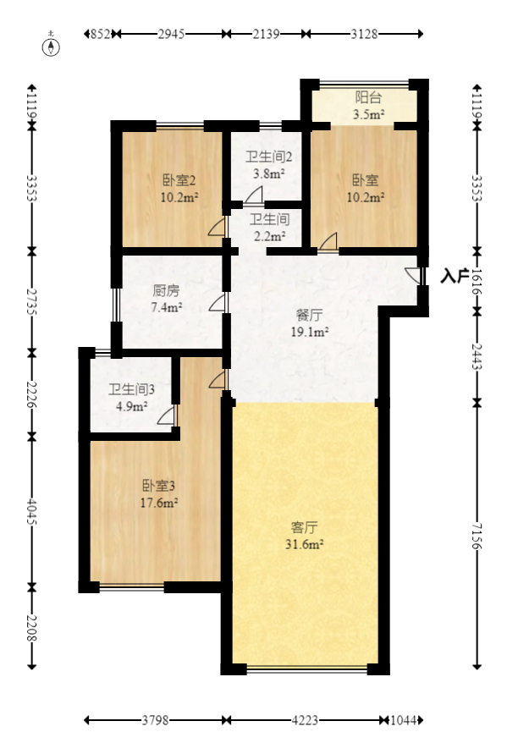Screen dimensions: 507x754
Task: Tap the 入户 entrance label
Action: tap(455, 276)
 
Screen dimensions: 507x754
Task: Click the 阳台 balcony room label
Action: tap(368, 97)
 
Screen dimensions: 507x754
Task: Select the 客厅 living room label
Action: tap(305, 527)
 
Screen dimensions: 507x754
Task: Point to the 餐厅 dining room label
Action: tap(309, 315)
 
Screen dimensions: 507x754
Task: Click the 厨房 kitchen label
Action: tap(166, 290)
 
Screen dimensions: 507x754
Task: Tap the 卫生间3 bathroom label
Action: tap(131, 389)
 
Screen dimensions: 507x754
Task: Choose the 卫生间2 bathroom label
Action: tap(269, 157)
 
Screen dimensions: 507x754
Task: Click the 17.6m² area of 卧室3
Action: tap(159, 503)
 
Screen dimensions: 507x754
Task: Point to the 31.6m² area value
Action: tap(305, 544)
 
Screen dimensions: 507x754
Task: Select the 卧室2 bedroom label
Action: tap(179, 180)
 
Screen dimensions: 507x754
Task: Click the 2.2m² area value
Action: tap(269, 236)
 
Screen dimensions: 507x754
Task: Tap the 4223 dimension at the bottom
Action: tap(305, 720)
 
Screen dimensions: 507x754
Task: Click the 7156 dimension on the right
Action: tap(477, 535)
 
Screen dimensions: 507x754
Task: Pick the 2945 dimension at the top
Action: tap(171, 34)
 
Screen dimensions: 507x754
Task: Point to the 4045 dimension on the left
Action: tap(32, 511)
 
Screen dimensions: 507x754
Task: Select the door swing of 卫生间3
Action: tap(167, 416)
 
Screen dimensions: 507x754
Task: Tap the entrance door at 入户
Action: tap(414, 276)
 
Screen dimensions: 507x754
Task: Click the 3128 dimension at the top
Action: tap(364, 34)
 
